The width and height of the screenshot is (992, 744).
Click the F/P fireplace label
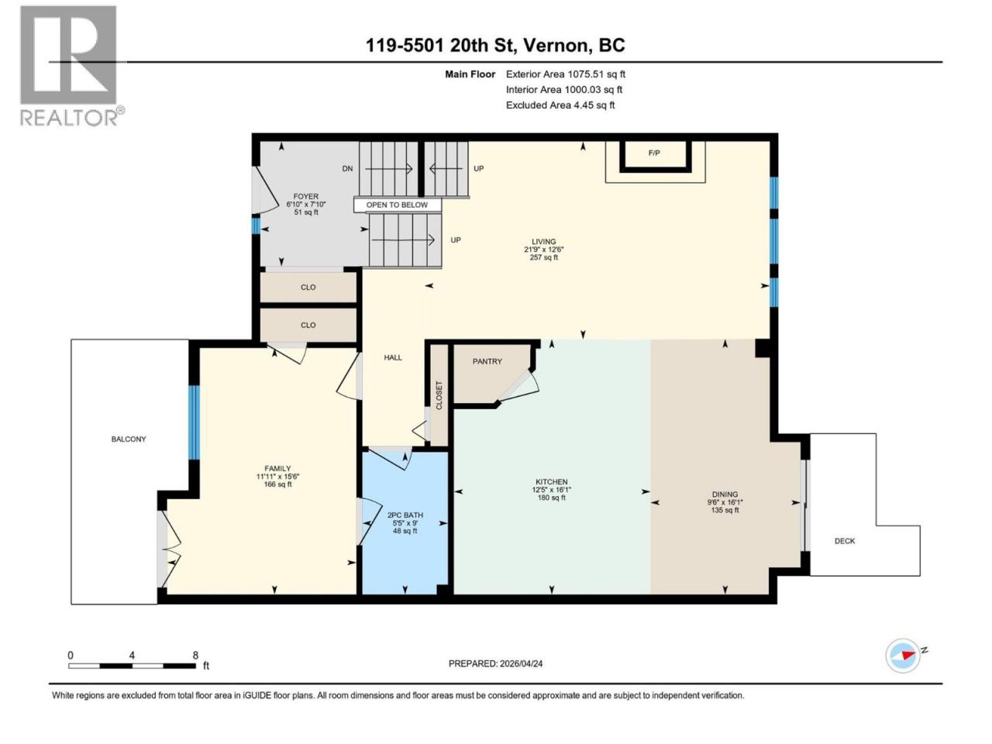[x=653, y=153]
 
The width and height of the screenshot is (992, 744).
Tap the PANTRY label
[x=487, y=361]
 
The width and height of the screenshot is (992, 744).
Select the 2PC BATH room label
[x=405, y=515]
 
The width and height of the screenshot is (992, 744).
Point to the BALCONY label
[x=129, y=439]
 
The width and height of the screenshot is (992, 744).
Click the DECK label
[x=844, y=541]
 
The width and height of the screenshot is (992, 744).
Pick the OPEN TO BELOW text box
[x=397, y=205]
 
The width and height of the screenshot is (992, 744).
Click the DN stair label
[x=347, y=168]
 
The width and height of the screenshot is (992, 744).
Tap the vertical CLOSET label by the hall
[x=439, y=395]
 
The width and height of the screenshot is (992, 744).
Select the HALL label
[x=393, y=358]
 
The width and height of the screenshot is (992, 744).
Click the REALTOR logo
[x=71, y=66]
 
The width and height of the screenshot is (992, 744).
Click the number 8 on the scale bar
[x=195, y=656]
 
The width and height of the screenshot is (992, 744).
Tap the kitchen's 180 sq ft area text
[x=551, y=498]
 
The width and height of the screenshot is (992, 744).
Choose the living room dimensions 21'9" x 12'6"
[x=544, y=250]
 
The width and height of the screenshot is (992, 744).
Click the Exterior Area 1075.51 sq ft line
[x=566, y=74]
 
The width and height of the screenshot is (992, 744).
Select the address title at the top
[x=495, y=45]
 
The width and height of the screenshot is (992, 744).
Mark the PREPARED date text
[x=495, y=663]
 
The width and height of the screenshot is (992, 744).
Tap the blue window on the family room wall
[x=194, y=422]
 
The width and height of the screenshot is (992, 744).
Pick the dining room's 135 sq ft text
[x=725, y=511]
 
